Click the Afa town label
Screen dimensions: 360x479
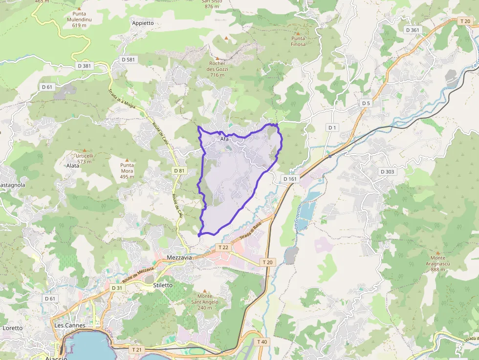tap(224, 139)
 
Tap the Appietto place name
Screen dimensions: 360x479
tap(143, 23)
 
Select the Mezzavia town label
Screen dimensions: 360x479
tap(179, 257)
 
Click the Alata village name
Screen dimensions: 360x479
tap(72, 166)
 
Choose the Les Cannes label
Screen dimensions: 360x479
tap(70, 325)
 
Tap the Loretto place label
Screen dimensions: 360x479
tap(13, 328)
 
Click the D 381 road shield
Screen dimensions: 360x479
tap(84, 66)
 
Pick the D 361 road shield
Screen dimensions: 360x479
tap(413, 30)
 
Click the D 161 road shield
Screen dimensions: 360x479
tap(290, 179)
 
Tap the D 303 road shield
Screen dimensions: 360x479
tap(388, 171)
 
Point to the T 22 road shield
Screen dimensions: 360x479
tap(223, 248)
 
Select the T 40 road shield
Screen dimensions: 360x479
tap(262, 341)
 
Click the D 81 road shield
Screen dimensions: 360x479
tap(179, 170)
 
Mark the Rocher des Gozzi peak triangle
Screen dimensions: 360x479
tap(218, 58)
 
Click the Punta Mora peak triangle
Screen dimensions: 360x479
tap(127, 160)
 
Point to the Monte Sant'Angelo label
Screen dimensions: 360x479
tap(205, 302)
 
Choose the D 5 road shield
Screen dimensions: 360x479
tap(366, 103)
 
